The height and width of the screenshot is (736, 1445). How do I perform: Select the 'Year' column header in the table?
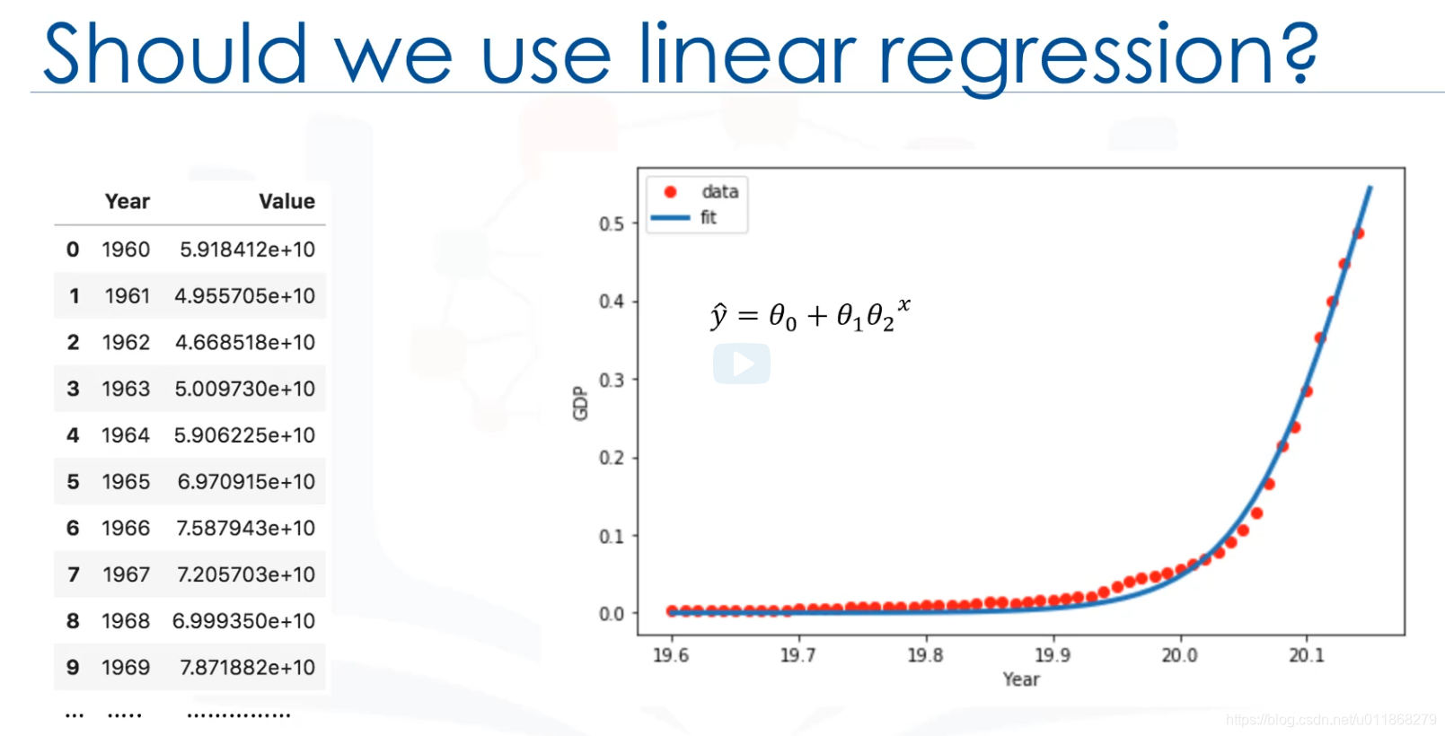[128, 201]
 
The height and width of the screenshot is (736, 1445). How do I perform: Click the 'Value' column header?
[286, 201]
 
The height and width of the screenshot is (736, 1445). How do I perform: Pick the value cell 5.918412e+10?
[247, 250]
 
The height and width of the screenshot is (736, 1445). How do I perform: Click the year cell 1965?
[126, 482]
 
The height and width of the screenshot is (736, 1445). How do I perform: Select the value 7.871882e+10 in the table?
[247, 668]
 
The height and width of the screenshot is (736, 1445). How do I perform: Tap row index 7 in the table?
[74, 574]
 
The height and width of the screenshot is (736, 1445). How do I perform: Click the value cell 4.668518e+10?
[245, 343]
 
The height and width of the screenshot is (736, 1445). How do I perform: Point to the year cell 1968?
[126, 621]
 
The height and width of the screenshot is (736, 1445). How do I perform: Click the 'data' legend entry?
[719, 192]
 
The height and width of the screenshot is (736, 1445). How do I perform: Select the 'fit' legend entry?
[709, 217]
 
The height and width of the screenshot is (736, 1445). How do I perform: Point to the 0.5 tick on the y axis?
[612, 223]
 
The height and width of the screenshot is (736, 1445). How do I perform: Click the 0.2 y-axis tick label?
[612, 458]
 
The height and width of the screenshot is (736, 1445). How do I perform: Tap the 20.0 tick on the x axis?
[1179, 655]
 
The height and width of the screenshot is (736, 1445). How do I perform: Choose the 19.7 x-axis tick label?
[797, 655]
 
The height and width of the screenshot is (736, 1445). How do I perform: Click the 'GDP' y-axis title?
[580, 403]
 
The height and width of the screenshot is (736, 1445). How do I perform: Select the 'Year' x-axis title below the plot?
[1021, 679]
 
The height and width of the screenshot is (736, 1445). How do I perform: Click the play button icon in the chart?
[742, 364]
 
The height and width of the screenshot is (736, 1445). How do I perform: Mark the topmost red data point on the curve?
[1358, 233]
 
